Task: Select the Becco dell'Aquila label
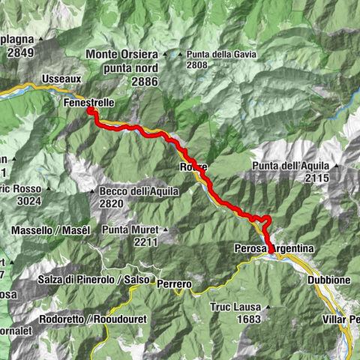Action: coord(139,192)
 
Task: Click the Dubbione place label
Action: coord(325,279)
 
